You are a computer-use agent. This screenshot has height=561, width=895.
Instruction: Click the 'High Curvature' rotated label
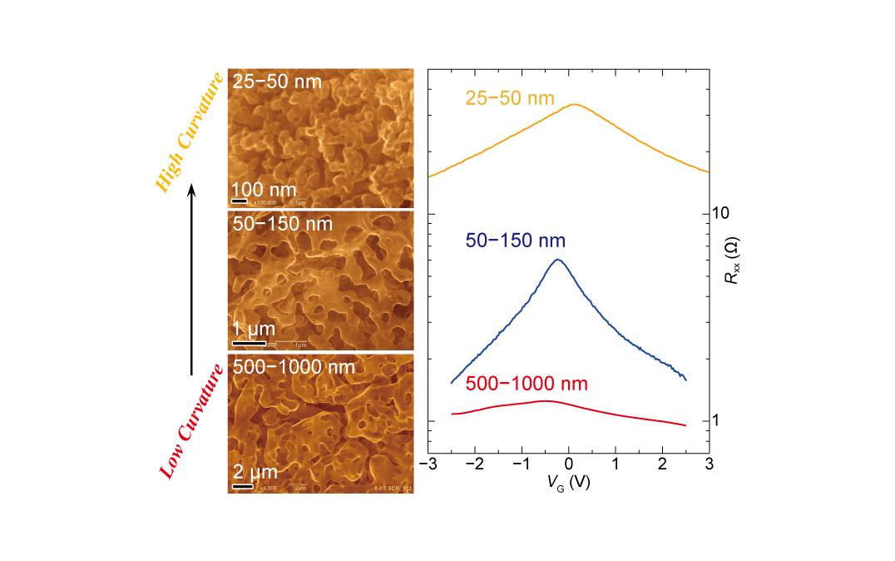[189, 132]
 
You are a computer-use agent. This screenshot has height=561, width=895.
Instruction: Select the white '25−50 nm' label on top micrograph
[277, 82]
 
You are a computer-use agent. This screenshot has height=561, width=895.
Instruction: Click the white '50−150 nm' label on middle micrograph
[283, 224]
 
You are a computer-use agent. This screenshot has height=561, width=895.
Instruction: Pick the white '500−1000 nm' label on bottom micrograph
[294, 367]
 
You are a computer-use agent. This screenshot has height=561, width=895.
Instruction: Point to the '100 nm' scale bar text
[264, 191]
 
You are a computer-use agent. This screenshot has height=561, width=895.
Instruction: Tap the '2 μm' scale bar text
[255, 472]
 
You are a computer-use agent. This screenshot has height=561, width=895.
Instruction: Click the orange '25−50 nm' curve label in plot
[509, 99]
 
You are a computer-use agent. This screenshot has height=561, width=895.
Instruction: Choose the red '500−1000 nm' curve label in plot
[527, 384]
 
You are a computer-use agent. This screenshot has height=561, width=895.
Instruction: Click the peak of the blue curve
[557, 260]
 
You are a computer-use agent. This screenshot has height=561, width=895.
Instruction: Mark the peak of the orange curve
[574, 104]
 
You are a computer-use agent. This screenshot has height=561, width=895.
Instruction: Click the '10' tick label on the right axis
[720, 214]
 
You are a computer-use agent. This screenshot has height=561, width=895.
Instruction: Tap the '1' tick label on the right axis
[717, 421]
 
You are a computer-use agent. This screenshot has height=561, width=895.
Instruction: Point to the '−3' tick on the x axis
[428, 464]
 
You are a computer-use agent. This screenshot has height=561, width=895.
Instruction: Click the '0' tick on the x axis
[569, 464]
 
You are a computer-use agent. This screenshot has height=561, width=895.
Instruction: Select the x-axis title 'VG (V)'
[569, 484]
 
